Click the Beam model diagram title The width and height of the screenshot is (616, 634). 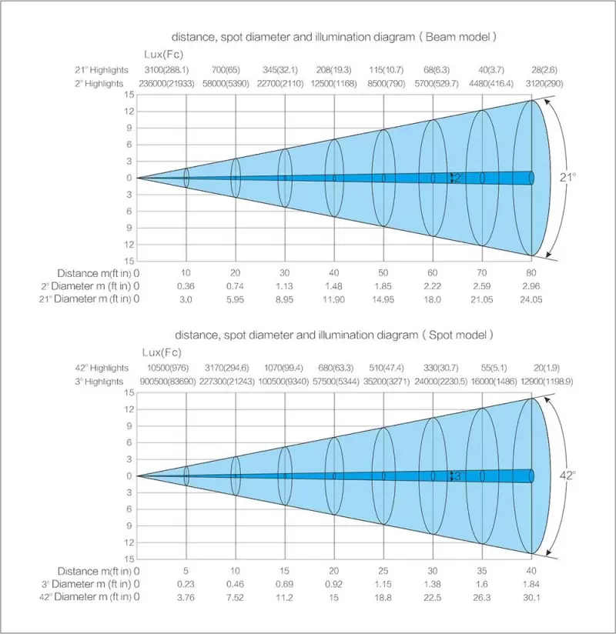click(333, 37)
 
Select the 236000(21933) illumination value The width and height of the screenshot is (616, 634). click(162, 83)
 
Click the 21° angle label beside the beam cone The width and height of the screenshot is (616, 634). click(567, 178)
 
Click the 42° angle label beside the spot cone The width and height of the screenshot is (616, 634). click(567, 475)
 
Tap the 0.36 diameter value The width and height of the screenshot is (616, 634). click(186, 286)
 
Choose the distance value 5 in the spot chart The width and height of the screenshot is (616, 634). click(186, 571)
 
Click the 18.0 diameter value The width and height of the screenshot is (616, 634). click(433, 299)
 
